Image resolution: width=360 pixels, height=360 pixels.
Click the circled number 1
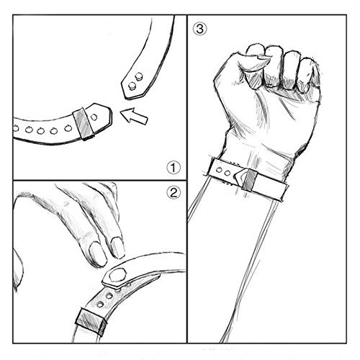click(x=172, y=169)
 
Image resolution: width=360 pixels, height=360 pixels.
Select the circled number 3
click(x=199, y=30)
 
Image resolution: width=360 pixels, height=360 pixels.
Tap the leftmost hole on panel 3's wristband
click(x=220, y=171)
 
